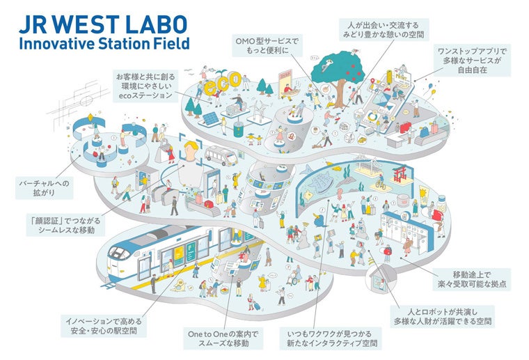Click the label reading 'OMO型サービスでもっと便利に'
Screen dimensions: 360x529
[x=268, y=47]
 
